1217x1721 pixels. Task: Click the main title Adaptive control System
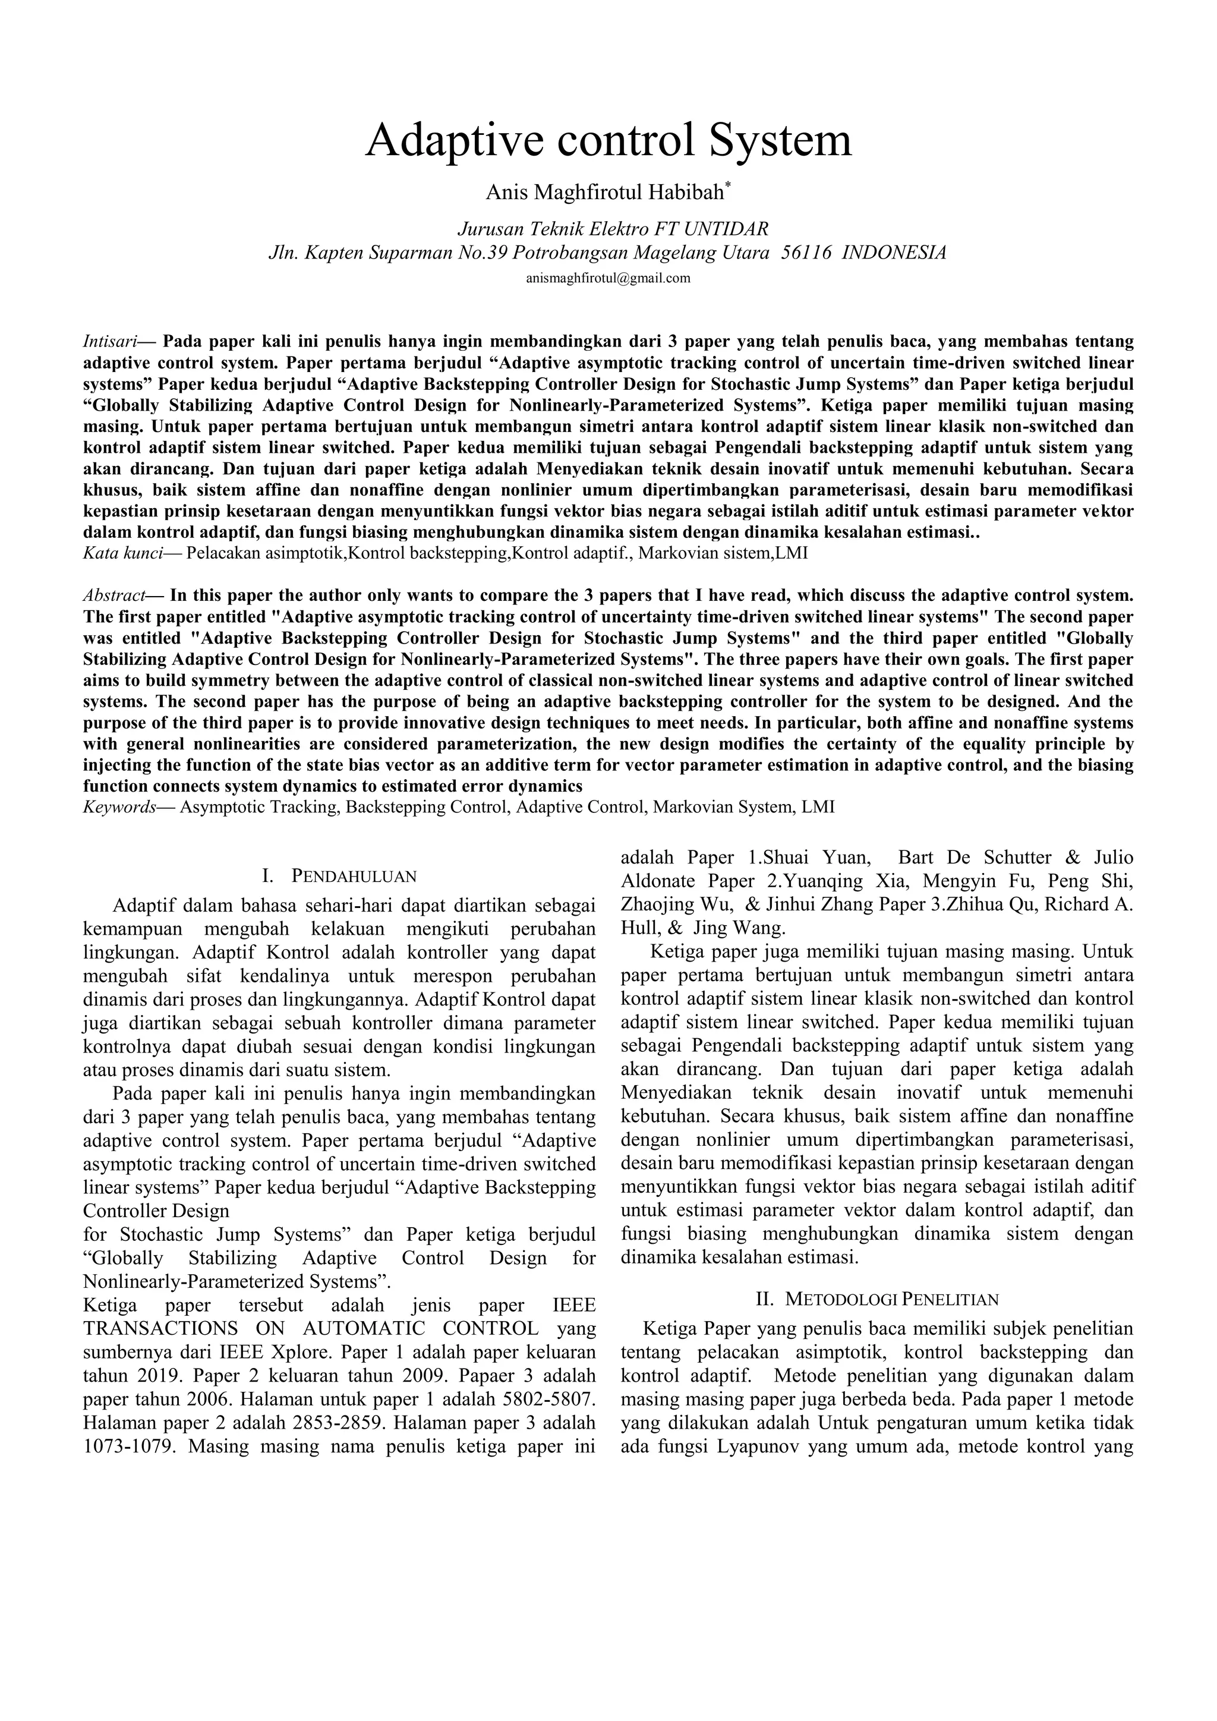(608, 140)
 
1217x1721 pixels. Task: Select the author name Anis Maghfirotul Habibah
(605, 193)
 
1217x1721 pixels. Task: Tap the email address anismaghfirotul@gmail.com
(608, 278)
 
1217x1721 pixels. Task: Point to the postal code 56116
(806, 253)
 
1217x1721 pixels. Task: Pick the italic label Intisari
(109, 342)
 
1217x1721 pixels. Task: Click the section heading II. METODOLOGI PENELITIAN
(877, 1299)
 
